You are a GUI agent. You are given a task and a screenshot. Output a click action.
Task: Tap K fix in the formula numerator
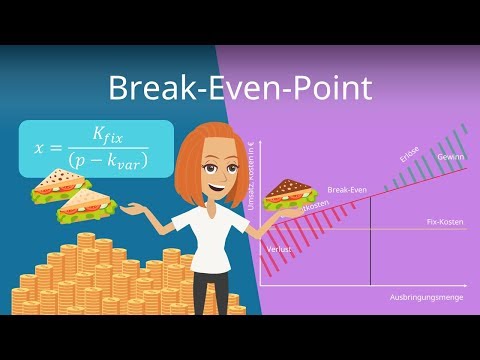click(109, 133)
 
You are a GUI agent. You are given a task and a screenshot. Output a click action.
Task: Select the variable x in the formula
click(41, 147)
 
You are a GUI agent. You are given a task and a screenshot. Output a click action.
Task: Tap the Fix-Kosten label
click(444, 220)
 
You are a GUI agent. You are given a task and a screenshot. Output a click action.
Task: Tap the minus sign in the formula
click(112, 161)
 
